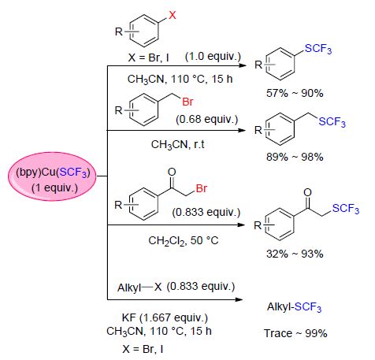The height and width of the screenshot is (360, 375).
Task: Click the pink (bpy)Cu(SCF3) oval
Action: [x=52, y=176]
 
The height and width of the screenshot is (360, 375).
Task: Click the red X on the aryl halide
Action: [x=173, y=15]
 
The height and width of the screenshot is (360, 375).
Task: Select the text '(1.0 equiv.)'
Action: [x=213, y=56]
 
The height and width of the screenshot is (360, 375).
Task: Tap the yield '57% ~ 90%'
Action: [x=295, y=93]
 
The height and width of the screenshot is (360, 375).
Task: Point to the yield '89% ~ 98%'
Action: [x=295, y=157]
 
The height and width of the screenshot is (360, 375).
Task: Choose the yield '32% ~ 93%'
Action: [x=295, y=254]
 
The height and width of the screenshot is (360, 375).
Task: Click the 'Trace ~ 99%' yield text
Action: [x=295, y=333]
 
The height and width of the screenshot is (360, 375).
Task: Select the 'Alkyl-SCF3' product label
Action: [x=294, y=307]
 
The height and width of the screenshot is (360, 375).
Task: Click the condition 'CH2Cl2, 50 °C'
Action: [x=184, y=240]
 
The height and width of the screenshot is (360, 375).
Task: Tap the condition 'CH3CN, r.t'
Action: [x=177, y=144]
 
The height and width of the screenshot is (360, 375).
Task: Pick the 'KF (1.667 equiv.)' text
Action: [x=165, y=318]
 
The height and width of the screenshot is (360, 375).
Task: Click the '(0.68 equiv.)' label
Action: [x=207, y=119]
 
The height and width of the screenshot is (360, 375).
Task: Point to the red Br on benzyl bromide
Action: [x=187, y=102]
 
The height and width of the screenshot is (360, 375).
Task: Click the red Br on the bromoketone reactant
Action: [x=202, y=188]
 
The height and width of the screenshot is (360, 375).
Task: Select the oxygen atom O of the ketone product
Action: [x=307, y=192]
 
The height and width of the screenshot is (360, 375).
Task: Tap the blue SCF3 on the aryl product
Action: [x=318, y=49]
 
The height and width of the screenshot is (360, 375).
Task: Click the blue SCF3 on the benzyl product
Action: [x=332, y=122]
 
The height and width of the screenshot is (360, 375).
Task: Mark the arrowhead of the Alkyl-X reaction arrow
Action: [x=239, y=299]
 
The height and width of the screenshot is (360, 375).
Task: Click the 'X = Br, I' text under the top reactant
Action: [x=149, y=58]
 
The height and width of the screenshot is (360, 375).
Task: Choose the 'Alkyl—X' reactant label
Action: [x=139, y=288]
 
